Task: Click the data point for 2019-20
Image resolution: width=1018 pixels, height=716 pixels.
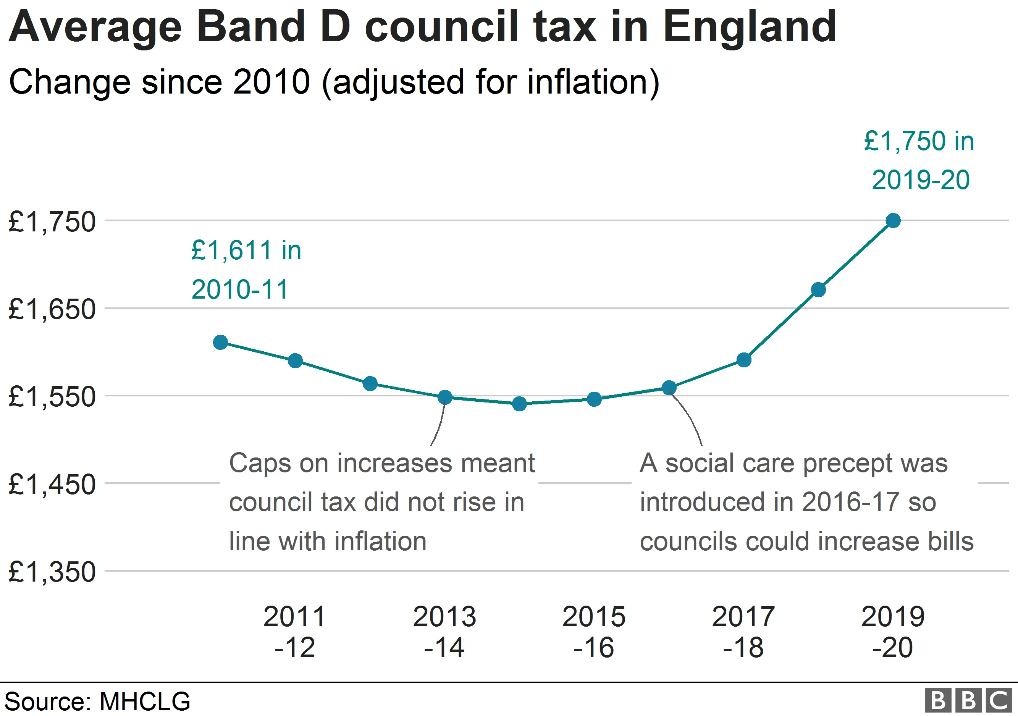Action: tap(893, 220)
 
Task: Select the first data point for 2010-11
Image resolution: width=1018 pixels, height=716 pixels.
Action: tap(220, 342)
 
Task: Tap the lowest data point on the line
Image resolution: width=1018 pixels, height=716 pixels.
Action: tap(519, 404)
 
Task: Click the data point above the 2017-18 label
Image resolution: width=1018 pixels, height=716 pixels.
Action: tap(743, 360)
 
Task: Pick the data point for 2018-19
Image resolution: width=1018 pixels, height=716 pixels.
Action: tap(818, 289)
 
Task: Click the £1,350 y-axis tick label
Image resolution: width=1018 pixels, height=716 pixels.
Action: tap(52, 572)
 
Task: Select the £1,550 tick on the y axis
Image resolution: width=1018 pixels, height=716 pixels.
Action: tap(52, 396)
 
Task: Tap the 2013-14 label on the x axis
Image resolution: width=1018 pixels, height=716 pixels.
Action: tap(444, 631)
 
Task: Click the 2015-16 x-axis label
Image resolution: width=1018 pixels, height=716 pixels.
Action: tap(594, 631)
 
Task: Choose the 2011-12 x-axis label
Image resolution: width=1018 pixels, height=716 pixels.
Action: tap(294, 631)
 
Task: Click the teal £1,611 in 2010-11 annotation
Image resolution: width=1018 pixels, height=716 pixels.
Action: tap(246, 270)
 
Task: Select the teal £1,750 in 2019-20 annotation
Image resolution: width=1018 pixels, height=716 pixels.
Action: tap(919, 160)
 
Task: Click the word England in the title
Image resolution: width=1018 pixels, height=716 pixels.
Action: tap(749, 27)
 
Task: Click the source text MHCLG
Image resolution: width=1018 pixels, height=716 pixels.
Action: tap(145, 701)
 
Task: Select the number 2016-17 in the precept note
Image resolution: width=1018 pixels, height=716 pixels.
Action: tap(850, 502)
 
